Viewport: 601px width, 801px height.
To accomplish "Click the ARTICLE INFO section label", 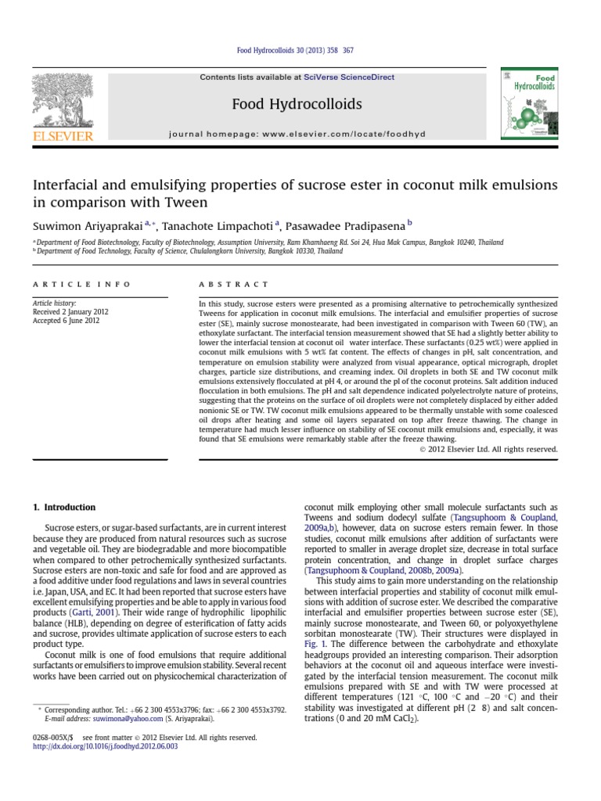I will (x=81, y=284).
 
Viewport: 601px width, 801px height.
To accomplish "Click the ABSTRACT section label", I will (x=233, y=284).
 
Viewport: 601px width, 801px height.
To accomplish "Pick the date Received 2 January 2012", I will (x=70, y=312).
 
